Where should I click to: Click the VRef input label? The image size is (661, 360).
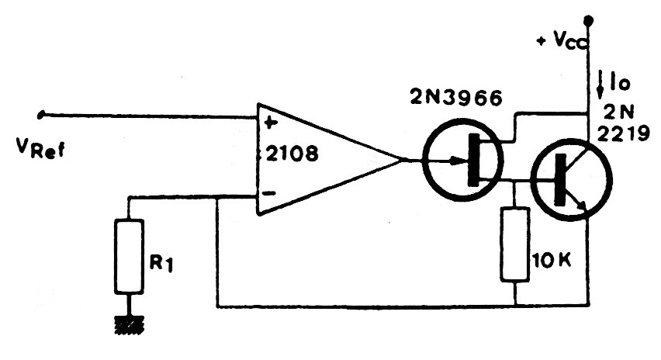click(40, 148)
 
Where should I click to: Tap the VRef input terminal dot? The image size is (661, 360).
click(41, 114)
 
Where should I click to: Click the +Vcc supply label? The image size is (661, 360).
click(561, 40)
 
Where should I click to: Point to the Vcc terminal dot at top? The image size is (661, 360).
click(588, 19)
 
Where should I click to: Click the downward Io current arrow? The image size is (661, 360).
click(601, 82)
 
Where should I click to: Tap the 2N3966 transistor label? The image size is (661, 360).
click(456, 99)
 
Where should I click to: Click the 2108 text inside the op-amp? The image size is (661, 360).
click(292, 154)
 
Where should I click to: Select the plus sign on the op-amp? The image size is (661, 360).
click(270, 123)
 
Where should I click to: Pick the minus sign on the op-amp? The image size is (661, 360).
click(268, 193)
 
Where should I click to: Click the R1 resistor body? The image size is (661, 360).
click(129, 256)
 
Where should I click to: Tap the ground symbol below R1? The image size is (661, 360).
click(130, 324)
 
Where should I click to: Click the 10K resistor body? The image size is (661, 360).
click(514, 244)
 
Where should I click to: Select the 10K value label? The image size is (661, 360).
click(552, 261)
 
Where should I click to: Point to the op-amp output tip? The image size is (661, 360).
click(400, 160)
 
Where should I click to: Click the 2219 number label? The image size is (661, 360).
click(623, 133)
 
